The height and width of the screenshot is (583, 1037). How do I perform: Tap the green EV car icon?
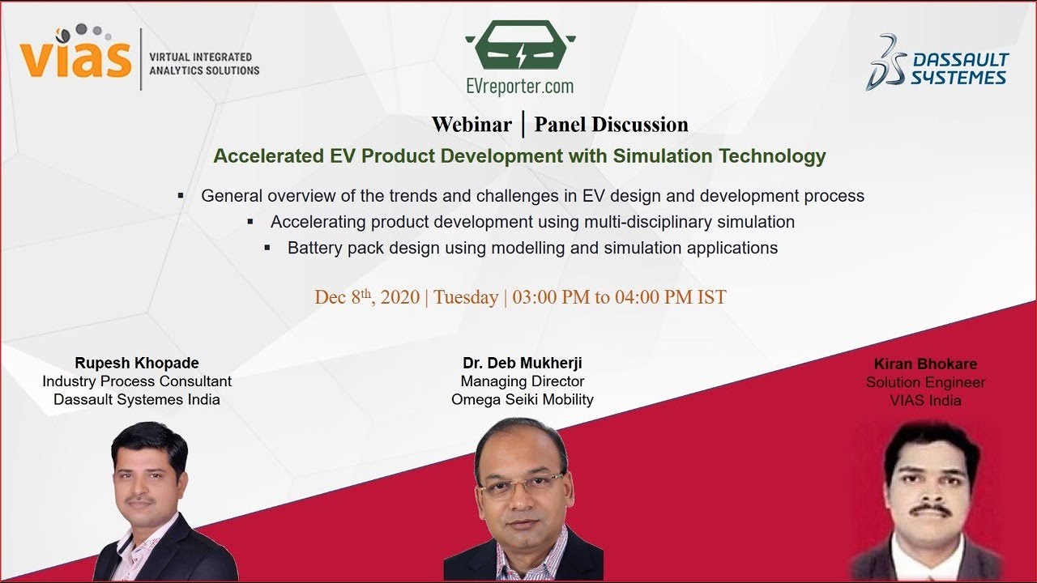tap(520, 46)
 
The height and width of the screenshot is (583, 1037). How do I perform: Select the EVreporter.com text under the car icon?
tap(519, 86)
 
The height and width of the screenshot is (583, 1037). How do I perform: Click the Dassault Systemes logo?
tap(937, 62)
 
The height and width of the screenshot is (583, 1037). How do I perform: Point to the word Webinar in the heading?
tap(472, 125)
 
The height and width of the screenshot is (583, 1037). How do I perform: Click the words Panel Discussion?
tap(611, 125)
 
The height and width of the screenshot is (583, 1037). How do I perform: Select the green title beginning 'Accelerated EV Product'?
tap(519, 156)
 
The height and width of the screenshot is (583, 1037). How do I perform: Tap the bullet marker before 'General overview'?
tap(181, 195)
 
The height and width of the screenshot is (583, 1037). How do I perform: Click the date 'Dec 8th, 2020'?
tap(366, 297)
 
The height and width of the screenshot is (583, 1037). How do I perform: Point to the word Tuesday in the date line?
tap(466, 297)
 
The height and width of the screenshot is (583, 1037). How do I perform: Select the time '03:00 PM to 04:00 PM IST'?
tap(619, 297)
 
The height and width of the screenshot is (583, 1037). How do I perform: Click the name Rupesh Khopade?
tap(137, 363)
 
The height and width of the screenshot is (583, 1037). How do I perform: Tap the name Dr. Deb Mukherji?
tap(523, 363)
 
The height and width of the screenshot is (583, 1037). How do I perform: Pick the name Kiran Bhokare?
tap(925, 364)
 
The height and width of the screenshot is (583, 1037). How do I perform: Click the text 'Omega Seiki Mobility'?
tap(523, 399)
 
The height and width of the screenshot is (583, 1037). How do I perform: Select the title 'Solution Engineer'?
tap(925, 382)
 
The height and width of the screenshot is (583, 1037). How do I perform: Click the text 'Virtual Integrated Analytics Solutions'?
tap(204, 64)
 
